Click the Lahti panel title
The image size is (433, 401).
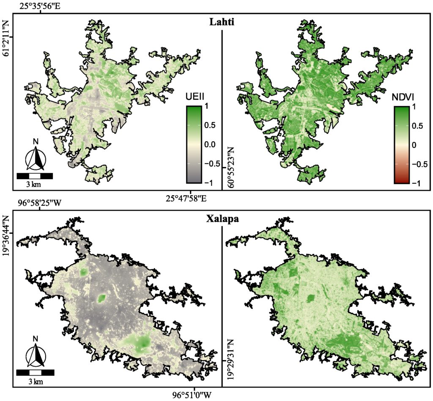[222, 22]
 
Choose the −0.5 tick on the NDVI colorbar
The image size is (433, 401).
[419, 164]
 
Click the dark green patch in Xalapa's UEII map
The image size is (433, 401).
[101, 299]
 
